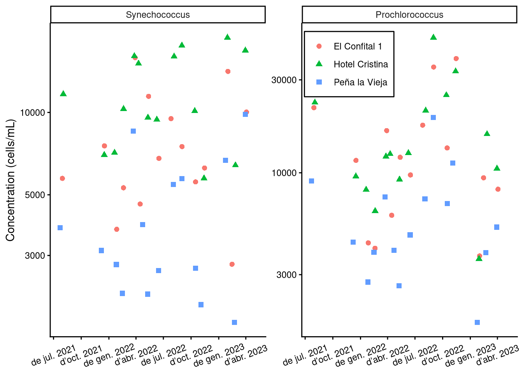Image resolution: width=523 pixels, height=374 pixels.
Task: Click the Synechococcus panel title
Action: [x=158, y=15]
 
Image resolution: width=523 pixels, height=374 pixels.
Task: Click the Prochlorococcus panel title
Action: [x=409, y=15]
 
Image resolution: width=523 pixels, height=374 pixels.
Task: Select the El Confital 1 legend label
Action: [x=358, y=46]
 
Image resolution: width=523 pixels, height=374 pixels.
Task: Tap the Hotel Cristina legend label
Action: [x=360, y=64]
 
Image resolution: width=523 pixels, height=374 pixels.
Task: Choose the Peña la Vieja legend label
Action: [x=360, y=82]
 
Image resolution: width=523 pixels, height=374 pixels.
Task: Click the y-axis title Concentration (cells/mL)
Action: [x=10, y=180]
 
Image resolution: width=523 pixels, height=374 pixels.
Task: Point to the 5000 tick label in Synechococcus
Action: [x=35, y=195]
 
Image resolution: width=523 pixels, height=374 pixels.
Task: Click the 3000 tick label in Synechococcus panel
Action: [x=35, y=256]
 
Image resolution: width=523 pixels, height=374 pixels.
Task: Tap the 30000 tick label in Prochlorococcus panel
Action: [x=284, y=80]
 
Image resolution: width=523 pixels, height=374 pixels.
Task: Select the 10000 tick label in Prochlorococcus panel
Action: [x=284, y=173]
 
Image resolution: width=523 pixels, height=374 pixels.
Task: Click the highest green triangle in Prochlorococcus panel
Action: [x=433, y=37]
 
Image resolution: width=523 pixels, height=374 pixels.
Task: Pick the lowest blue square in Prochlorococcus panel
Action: [x=477, y=322]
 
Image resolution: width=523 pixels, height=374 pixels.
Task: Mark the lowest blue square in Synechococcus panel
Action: [x=234, y=322]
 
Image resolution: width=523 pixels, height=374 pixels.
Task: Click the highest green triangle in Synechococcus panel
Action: [x=228, y=37]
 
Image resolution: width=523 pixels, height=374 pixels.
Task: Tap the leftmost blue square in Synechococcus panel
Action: [x=60, y=228]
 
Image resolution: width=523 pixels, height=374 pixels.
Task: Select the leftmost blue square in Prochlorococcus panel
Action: [x=311, y=181]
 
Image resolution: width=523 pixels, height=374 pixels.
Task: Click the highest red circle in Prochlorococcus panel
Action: [x=456, y=58]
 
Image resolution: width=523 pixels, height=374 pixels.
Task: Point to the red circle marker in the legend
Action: [x=319, y=46]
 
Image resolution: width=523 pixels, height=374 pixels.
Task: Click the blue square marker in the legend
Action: [x=319, y=82]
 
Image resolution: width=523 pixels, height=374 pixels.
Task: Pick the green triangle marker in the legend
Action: [x=319, y=64]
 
